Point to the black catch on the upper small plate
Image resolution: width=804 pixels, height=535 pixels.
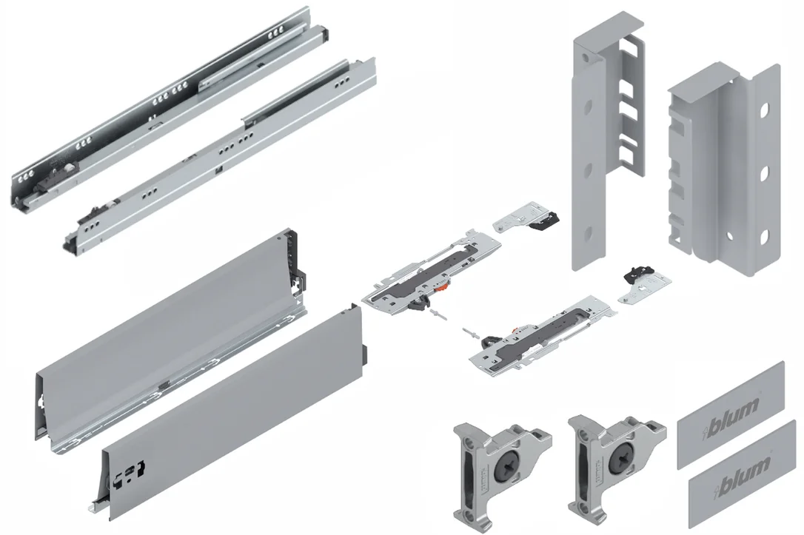pos(545,221)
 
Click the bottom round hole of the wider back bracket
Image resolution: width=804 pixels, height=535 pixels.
pos(763,236)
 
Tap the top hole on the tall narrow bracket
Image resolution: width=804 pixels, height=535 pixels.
pos(587,107)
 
